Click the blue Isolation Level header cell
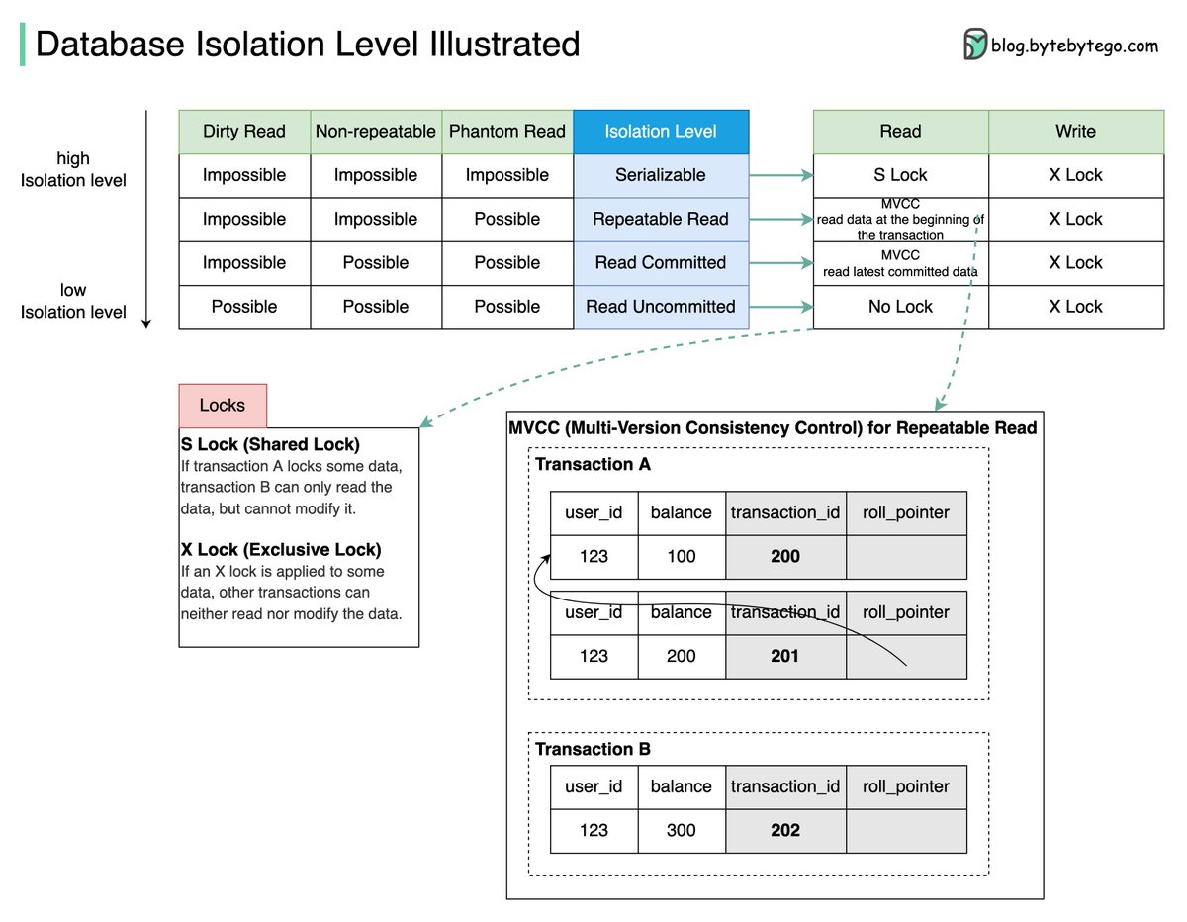click(661, 132)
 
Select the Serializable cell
click(661, 175)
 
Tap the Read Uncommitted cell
click(661, 307)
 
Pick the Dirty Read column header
click(244, 132)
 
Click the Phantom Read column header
click(507, 132)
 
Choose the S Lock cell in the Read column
click(900, 175)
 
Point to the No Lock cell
click(900, 307)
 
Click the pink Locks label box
click(223, 406)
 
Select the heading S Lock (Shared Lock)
click(270, 444)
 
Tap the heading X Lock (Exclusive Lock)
click(281, 550)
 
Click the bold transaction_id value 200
click(785, 557)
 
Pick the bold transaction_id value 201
click(785, 656)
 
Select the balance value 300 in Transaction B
click(681, 830)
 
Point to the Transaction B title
click(593, 749)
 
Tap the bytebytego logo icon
click(975, 45)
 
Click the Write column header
click(1075, 132)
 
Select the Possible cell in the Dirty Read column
click(244, 307)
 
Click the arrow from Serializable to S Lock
click(780, 176)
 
